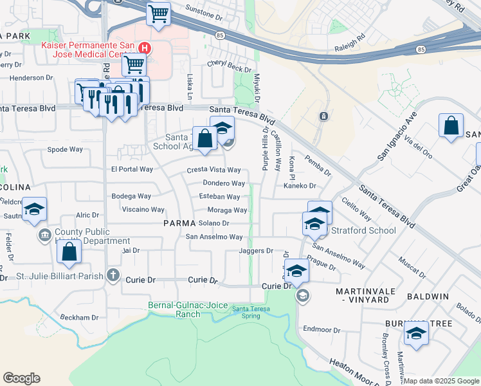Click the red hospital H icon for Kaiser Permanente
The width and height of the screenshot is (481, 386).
click(x=145, y=48)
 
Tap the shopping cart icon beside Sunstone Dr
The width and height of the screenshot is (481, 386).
click(x=158, y=14)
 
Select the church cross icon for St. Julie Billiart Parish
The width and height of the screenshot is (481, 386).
click(x=113, y=276)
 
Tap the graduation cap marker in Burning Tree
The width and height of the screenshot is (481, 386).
click(x=416, y=334)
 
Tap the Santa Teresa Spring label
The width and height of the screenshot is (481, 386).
click(x=246, y=312)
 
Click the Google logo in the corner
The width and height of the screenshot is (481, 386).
click(x=21, y=378)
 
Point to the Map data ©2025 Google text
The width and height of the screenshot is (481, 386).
click(x=441, y=381)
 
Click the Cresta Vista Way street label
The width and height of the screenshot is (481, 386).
click(x=213, y=170)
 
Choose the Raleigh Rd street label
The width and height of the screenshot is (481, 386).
click(x=349, y=48)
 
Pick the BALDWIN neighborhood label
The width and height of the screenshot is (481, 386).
click(x=428, y=297)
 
